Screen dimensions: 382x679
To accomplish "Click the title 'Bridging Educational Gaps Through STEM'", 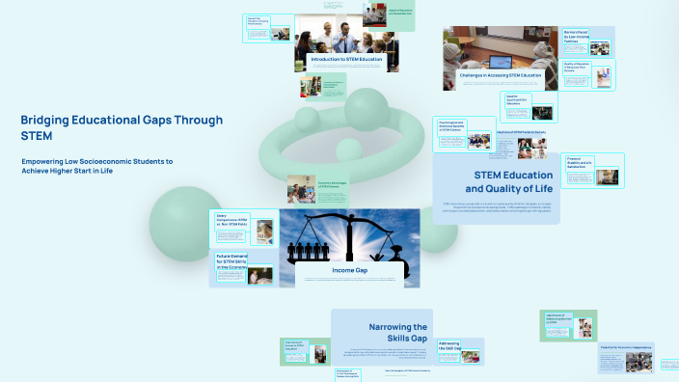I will pyautogui.click(x=121, y=127).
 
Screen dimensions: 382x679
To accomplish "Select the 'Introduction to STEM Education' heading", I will pyautogui.click(x=345, y=60).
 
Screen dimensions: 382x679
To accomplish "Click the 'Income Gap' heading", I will pyautogui.click(x=348, y=270).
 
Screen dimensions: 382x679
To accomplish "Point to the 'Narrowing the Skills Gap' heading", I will pyautogui.click(x=397, y=333).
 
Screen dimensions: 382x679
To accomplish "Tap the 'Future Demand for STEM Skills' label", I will pyautogui.click(x=231, y=260).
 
